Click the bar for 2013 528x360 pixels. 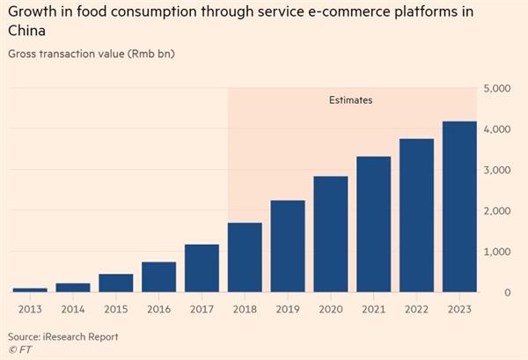pos(30,290)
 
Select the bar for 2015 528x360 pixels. pos(116,283)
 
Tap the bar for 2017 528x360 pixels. pos(202,268)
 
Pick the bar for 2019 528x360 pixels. pos(288,246)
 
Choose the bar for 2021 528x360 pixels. pos(374,224)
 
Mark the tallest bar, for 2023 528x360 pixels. pos(459,207)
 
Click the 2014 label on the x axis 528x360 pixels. pos(73,310)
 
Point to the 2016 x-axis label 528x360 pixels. pos(159,310)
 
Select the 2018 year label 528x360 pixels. pos(245,310)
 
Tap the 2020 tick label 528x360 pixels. pos(331,310)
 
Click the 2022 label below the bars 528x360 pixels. pos(416,310)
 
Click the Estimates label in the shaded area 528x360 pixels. pos(349,100)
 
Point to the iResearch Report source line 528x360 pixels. pos(62,337)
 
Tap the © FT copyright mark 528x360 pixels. pos(18,349)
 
